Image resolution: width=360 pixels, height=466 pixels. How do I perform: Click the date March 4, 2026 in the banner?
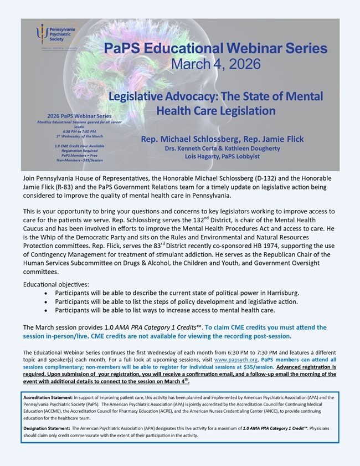[x=216, y=64]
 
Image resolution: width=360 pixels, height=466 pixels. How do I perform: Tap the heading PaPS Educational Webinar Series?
[x=215, y=48]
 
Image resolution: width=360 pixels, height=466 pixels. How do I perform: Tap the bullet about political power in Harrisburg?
[x=177, y=292]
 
